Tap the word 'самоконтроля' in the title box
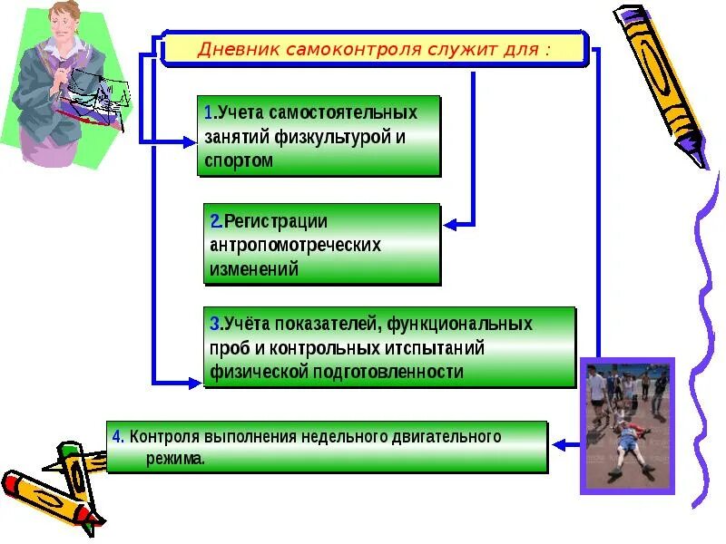tap(338, 48)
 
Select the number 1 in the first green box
tap(209, 113)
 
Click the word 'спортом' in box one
tap(239, 160)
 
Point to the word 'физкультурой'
tap(345, 137)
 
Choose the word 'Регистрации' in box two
tap(276, 221)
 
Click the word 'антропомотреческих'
tap(295, 245)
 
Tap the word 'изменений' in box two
tap(254, 268)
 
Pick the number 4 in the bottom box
tap(117, 436)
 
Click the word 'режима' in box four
tap(173, 459)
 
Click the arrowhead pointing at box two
tap(449, 222)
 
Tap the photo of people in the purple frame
tap(627, 424)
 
